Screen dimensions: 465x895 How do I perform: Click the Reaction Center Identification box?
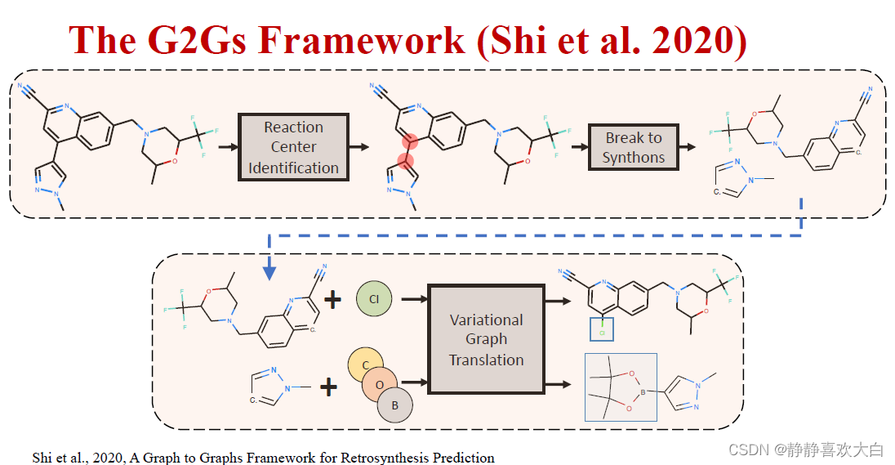click(293, 147)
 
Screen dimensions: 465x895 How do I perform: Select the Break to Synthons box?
click(634, 147)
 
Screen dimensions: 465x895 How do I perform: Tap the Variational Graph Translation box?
click(486, 339)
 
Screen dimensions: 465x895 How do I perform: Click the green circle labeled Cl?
click(374, 299)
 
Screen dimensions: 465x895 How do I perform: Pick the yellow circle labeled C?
click(366, 366)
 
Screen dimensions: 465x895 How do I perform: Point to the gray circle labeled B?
click(395, 404)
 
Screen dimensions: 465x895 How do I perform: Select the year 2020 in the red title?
click(704, 41)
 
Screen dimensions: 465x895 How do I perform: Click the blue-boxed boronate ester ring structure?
click(621, 387)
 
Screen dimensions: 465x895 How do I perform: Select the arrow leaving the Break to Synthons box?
click(688, 147)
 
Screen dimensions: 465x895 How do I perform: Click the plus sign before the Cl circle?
click(332, 300)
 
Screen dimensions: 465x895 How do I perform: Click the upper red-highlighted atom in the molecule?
click(410, 141)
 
